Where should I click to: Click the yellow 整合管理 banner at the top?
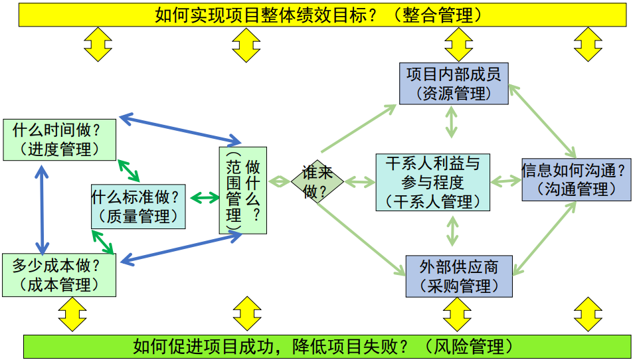click(322, 15)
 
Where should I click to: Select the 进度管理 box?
click(60, 139)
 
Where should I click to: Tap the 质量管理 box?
click(138, 207)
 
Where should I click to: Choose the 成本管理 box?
click(60, 274)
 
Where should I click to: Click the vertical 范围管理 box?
click(242, 190)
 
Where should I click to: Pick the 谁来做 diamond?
click(317, 181)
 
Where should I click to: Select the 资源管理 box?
click(454, 84)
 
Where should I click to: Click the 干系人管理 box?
click(432, 181)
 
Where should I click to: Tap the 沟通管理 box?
click(575, 179)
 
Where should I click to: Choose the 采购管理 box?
click(459, 277)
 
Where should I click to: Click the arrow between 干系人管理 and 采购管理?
click(452, 230)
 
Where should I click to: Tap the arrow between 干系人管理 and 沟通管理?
click(505, 181)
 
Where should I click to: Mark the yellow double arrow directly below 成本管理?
click(72, 314)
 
